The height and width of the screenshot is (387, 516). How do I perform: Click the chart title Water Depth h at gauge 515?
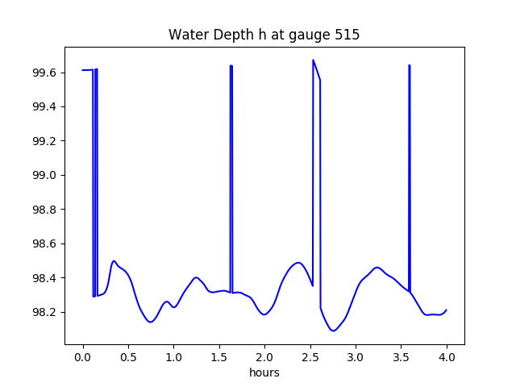pos(264,35)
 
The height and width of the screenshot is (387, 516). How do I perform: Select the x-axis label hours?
pos(264,372)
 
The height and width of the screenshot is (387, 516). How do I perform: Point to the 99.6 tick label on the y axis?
pos(42,73)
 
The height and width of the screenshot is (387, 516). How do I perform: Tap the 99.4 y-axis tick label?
pos(42,107)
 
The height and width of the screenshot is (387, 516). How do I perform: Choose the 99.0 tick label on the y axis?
pos(42,176)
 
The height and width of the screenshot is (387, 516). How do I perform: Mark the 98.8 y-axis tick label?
pos(42,210)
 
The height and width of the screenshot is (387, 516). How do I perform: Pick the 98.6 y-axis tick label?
pos(42,244)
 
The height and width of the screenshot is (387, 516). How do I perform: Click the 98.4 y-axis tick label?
pos(42,278)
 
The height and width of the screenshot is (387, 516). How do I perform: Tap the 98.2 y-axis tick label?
pos(42,313)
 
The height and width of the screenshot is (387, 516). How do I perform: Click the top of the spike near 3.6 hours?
pos(410,65)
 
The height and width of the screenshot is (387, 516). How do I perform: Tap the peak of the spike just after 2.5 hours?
pos(314,60)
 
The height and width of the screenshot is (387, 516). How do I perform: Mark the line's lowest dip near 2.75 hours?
pos(333,331)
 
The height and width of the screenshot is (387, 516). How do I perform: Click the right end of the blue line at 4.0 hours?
pos(446,310)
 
